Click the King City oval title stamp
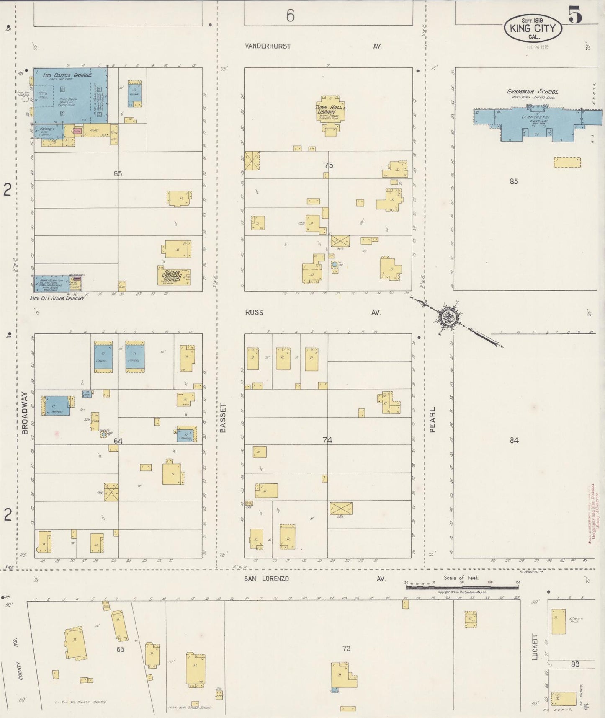533,28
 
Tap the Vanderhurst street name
268,46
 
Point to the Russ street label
254,312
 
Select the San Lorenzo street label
267,579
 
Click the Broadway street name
24,413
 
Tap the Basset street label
223,418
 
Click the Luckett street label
534,647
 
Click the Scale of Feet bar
461,587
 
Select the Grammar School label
533,91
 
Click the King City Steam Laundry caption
57,298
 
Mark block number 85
514,181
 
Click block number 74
327,440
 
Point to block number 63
120,650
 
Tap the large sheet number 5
575,16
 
